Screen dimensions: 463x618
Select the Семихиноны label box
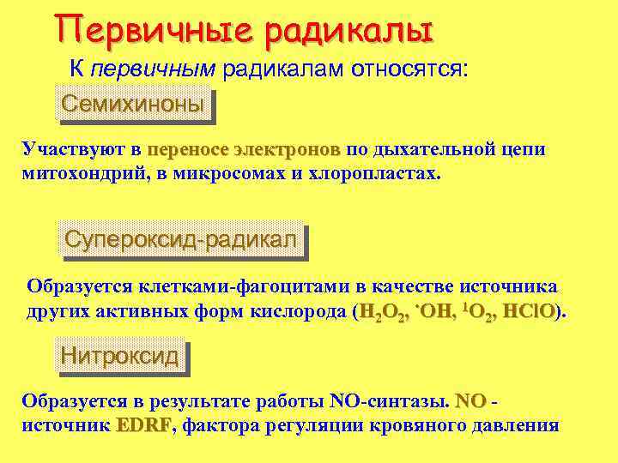(x=132, y=105)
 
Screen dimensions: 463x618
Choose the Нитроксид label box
(x=120, y=355)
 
